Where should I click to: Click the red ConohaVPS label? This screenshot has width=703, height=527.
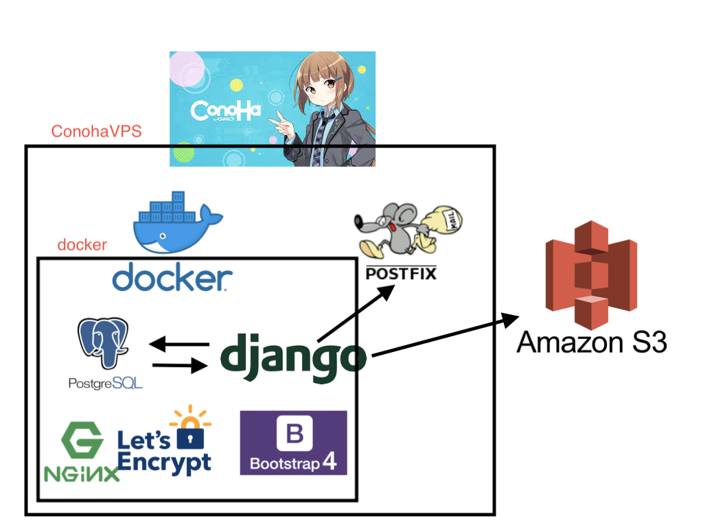96,131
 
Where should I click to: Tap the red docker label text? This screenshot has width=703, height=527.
82,245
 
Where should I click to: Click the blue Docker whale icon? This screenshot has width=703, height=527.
178,222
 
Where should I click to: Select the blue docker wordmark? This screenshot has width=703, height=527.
172,277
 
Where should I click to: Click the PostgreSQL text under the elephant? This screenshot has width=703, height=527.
105,383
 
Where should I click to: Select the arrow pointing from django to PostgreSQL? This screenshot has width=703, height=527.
179,344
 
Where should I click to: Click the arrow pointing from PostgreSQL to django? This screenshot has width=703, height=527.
180,365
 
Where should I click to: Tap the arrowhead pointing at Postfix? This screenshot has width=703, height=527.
386,292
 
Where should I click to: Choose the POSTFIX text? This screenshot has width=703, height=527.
401,273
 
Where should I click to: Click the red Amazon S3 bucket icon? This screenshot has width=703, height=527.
591,274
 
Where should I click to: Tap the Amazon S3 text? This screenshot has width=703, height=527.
592,343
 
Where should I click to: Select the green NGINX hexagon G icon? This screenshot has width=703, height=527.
82,440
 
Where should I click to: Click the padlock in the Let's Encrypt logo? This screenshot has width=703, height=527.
190,434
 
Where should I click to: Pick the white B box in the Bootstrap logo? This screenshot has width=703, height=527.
295,434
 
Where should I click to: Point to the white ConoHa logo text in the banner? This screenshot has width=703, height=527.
225,110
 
